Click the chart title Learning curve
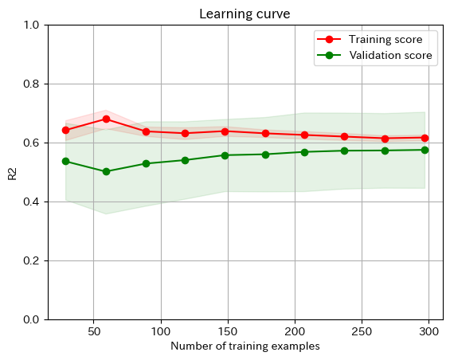[245, 14]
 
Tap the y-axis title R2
[12, 172]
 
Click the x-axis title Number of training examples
[245, 346]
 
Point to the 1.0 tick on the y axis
[32, 25]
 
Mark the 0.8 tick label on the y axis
[32, 84]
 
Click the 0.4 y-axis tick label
[32, 202]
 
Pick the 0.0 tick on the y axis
[32, 319]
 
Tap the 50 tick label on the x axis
[94, 331]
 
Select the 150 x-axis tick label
[228, 331]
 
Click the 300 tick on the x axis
[429, 331]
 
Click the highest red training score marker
[106, 119]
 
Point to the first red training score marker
[65, 130]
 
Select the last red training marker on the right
[425, 138]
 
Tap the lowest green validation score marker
[106, 171]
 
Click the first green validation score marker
[65, 161]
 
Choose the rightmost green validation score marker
[425, 150]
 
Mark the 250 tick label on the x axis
[362, 331]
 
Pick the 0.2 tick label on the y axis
[32, 260]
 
